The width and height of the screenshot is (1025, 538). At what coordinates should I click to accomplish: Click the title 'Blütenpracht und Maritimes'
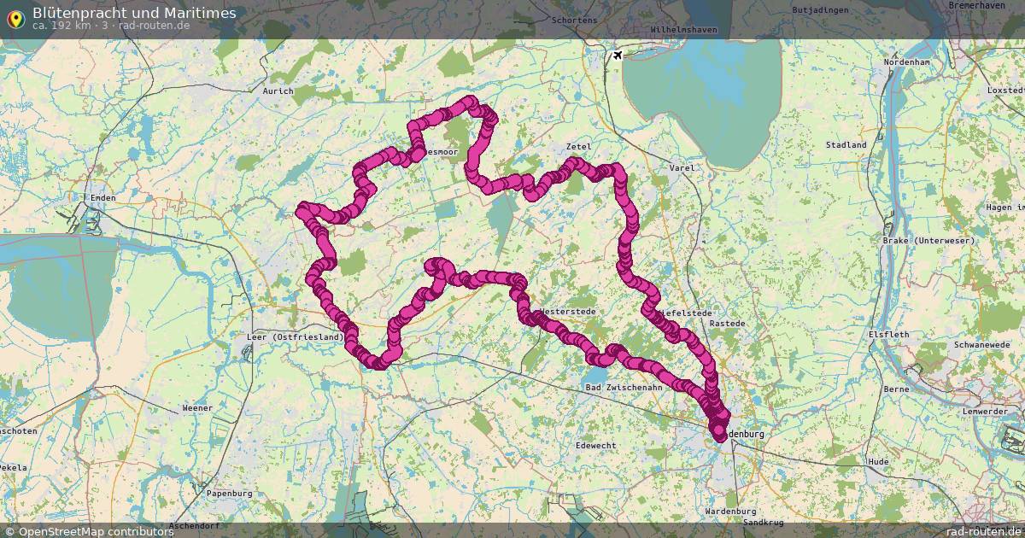point(134,13)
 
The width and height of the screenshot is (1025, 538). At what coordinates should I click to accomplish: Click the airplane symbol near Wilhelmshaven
point(615,56)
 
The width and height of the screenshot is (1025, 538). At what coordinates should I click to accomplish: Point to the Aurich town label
point(278,91)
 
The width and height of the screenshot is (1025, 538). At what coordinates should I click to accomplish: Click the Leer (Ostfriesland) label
point(295,336)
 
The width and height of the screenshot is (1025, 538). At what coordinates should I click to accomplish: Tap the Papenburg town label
point(230,494)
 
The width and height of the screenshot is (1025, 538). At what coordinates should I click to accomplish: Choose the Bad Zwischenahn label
point(624,388)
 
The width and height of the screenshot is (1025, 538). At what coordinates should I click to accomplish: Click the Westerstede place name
point(568,312)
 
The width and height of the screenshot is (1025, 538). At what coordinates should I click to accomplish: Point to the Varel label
point(682,168)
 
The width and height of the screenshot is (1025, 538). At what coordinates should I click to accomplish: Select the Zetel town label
point(578,147)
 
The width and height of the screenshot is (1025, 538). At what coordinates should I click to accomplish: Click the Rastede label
point(727,324)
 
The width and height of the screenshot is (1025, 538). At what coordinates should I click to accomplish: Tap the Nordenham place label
point(906,63)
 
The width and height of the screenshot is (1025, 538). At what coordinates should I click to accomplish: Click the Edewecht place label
point(596,446)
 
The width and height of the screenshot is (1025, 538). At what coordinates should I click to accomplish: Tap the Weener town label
point(197,408)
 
